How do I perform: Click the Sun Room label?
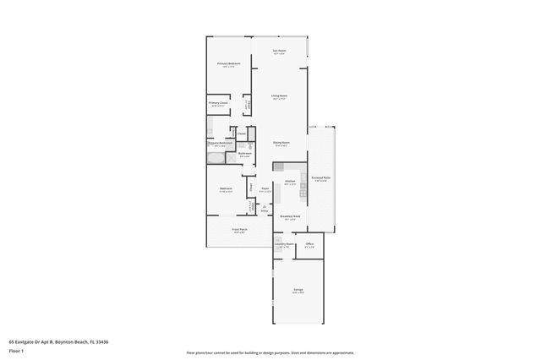point(278,52)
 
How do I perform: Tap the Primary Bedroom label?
point(229,64)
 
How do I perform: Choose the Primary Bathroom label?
point(220,143)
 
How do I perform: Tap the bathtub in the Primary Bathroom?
point(216,157)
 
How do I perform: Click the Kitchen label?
point(290,182)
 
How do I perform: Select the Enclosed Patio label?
point(321,177)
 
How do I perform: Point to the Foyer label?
point(265,188)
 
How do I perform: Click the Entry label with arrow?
point(265,209)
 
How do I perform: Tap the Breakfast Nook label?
point(290,216)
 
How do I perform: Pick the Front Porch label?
point(239,229)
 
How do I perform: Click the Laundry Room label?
point(284,244)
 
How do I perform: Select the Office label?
point(309,244)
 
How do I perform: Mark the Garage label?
point(298,290)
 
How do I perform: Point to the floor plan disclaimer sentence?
point(270,353)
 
